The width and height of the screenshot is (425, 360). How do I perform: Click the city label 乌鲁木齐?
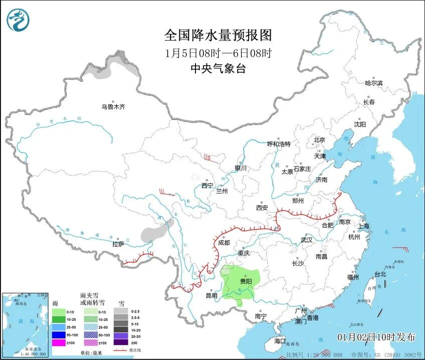click(113, 107)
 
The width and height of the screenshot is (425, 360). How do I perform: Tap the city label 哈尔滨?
click(373, 83)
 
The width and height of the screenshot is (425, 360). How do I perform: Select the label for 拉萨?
click(118, 244)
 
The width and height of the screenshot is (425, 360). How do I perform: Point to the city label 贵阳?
click(246, 282)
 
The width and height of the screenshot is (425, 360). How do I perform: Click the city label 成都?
click(224, 242)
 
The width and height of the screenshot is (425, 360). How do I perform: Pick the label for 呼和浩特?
click(279, 144)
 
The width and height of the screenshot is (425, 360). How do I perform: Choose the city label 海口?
click(280, 341)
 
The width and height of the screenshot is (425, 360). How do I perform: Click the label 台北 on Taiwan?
click(380, 274)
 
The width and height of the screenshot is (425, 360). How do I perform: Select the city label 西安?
click(262, 207)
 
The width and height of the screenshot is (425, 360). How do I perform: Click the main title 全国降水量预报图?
click(218, 35)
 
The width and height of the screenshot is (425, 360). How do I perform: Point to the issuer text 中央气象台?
click(218, 69)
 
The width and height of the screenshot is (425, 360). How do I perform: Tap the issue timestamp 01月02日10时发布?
click(376, 337)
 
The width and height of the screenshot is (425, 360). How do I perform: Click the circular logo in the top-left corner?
click(18, 20)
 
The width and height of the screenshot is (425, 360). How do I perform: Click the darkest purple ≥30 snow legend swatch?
click(121, 342)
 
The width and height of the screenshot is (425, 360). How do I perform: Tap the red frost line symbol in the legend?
click(121, 349)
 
